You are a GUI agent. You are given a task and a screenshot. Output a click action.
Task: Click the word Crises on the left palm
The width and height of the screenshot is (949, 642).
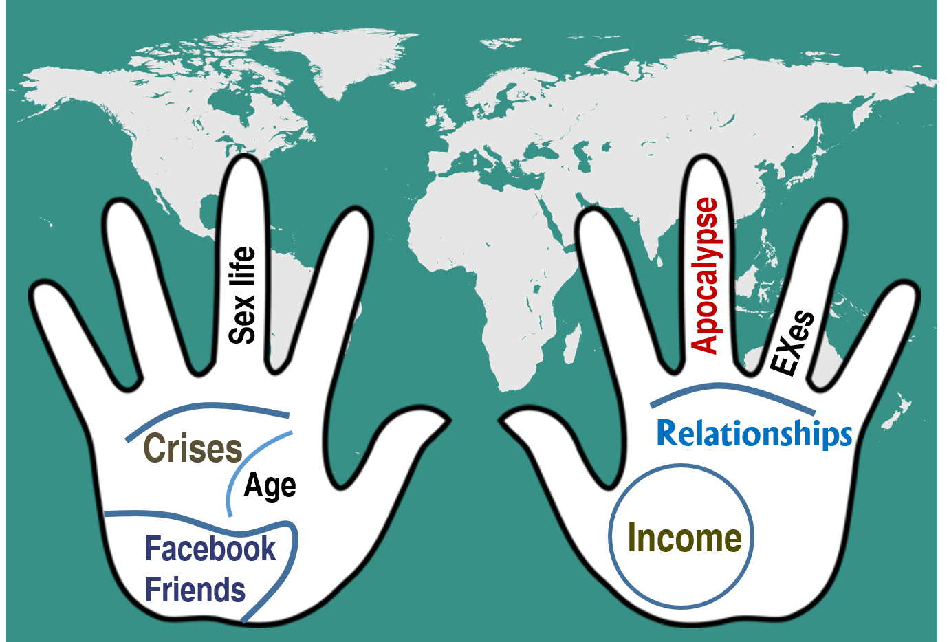point(193,448)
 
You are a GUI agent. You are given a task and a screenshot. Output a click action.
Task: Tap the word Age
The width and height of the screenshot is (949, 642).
point(270,486)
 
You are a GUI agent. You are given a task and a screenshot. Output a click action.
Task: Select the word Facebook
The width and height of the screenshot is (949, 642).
point(210,549)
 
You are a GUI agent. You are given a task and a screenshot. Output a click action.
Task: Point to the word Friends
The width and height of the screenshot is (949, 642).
point(195,590)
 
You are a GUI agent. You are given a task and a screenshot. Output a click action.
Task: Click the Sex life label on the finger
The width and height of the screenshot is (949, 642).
point(242,296)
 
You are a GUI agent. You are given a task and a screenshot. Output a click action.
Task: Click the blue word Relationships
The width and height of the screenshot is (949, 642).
point(754,434)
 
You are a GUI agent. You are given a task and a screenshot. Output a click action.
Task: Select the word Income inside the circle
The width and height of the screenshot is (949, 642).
point(684,538)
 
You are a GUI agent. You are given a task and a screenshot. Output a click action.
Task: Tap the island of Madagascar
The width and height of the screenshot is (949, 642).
point(570,344)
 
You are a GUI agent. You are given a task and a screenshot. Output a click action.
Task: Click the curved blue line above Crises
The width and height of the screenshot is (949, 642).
point(206,408)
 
